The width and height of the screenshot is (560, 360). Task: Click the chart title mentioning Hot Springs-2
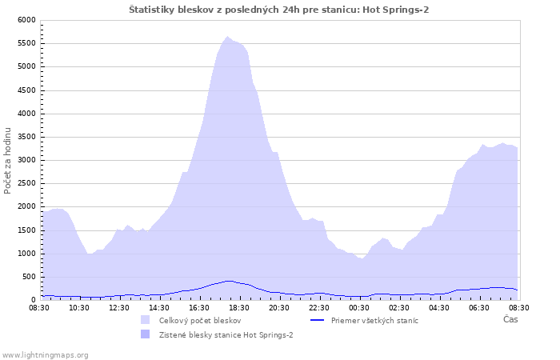278,10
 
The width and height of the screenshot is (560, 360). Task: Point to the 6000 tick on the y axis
26,20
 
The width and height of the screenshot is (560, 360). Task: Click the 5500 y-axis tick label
26,43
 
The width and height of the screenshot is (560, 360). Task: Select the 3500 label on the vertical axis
26,137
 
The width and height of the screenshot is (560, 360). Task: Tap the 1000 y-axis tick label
26,254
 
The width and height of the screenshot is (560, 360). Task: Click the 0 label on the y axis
34,300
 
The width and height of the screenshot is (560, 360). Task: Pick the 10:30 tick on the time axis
79,308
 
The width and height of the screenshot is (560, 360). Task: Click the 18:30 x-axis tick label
239,308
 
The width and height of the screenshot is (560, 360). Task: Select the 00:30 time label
359,308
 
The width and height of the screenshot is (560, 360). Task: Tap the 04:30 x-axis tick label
439,308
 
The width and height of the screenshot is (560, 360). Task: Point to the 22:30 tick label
319,308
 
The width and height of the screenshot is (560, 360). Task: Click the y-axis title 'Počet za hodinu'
7,161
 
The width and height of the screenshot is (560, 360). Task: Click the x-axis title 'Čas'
510,319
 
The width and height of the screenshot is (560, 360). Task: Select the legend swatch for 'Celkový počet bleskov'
145,320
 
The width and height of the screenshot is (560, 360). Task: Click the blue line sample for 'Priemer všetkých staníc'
317,320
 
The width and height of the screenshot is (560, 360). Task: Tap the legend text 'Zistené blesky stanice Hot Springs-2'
226,335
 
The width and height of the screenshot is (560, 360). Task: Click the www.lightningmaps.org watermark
44,355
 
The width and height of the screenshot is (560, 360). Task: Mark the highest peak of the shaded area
227,37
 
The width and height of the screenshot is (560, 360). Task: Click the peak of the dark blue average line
229,281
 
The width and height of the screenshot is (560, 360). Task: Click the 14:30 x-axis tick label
159,308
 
